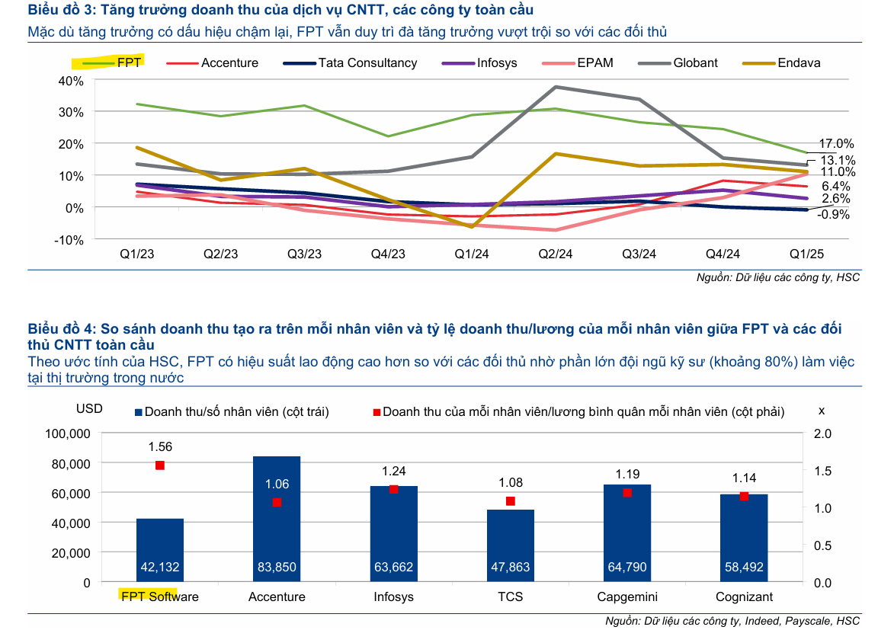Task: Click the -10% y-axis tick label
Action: click(x=69, y=239)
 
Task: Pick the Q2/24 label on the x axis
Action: click(x=555, y=254)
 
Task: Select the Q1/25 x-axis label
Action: click(x=806, y=254)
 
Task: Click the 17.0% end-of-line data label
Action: click(x=836, y=144)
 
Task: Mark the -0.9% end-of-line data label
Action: click(x=833, y=215)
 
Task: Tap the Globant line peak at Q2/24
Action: click(x=556, y=87)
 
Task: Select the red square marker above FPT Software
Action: click(x=160, y=465)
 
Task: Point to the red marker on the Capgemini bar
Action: click(x=627, y=493)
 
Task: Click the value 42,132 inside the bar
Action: click(x=160, y=568)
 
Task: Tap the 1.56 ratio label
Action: click(x=160, y=447)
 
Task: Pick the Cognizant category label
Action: click(x=744, y=596)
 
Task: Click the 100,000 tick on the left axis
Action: click(x=64, y=433)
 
